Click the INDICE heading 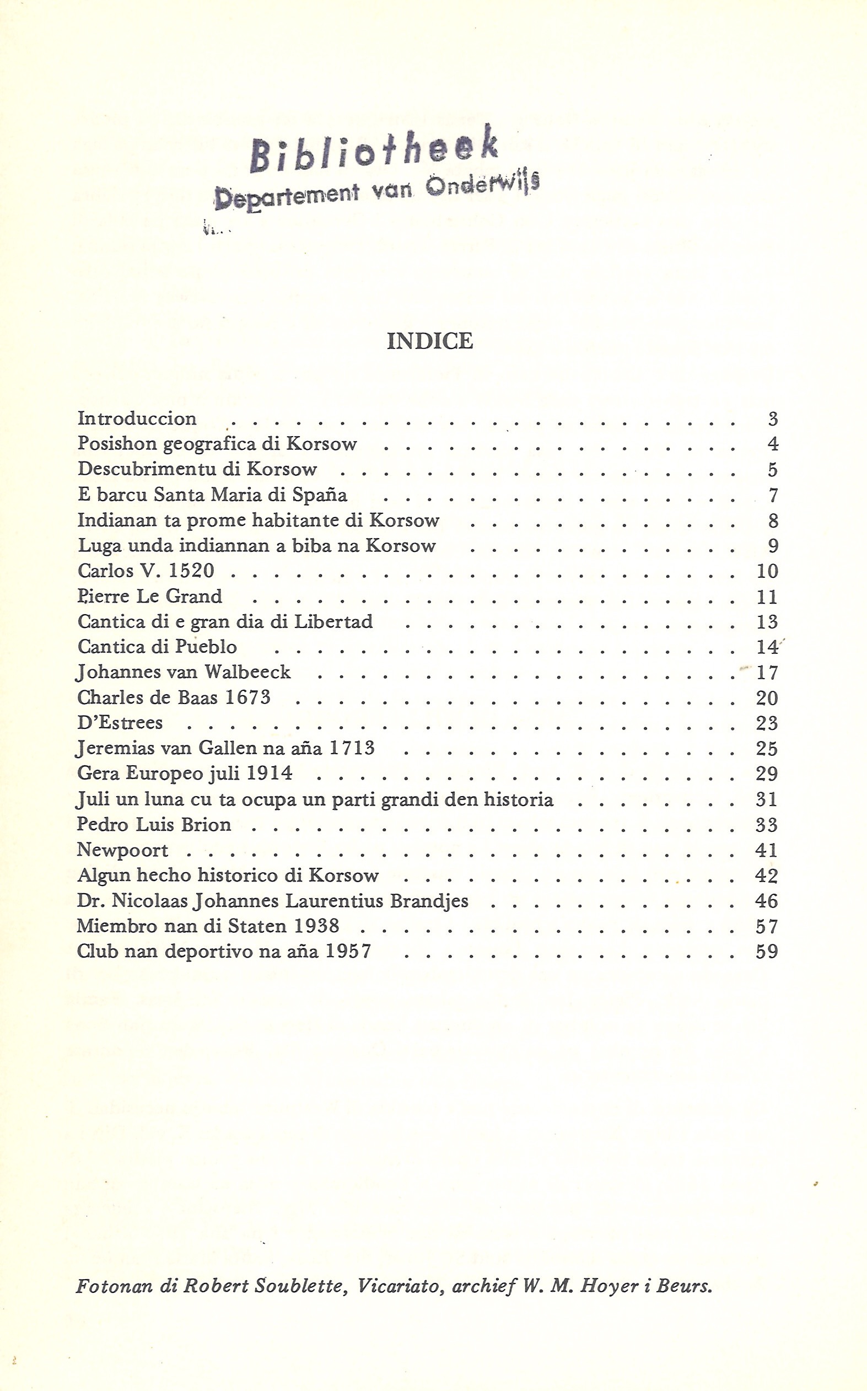pos(430,341)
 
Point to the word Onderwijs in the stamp pos(483,186)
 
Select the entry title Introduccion pos(137,418)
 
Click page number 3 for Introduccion pos(772,420)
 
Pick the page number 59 pos(767,952)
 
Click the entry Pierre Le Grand pos(150,596)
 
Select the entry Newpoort pos(123,850)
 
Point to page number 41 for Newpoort pos(767,850)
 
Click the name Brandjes pos(429,901)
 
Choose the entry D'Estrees pos(120,723)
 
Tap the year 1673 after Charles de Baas pos(247,697)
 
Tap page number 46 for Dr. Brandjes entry pos(767,901)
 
